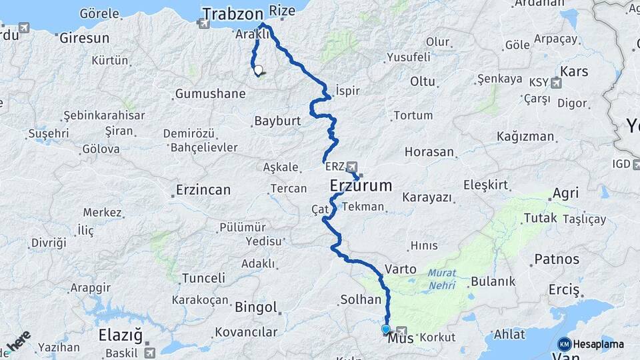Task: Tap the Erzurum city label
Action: tap(361, 185)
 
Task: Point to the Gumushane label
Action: tap(210, 93)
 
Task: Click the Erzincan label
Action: tap(203, 190)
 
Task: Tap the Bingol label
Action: tap(256, 307)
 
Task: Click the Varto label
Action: tap(401, 269)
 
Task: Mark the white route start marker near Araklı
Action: tap(258, 69)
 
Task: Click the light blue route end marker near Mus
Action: tap(385, 329)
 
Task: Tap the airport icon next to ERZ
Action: tap(352, 167)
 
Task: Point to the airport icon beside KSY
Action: tap(556, 83)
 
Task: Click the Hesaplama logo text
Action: tap(598, 344)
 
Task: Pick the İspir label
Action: tap(349, 89)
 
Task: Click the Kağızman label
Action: tap(525, 137)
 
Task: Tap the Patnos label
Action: tap(557, 259)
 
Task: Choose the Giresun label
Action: tap(84, 38)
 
